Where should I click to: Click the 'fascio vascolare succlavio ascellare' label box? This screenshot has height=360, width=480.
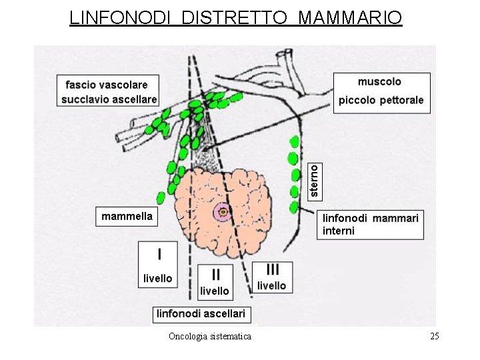pyautogui.click(x=109, y=91)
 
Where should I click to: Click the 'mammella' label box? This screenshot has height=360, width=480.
pyautogui.click(x=127, y=216)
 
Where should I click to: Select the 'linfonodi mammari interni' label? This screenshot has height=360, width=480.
pyautogui.click(x=371, y=225)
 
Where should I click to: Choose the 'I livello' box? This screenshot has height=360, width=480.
pyautogui.click(x=158, y=265)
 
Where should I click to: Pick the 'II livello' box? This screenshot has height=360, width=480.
pyautogui.click(x=215, y=281)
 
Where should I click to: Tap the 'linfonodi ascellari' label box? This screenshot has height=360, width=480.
pyautogui.click(x=201, y=313)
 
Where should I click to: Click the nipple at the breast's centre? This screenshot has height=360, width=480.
pyautogui.click(x=223, y=213)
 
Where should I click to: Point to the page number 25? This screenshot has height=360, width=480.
pyautogui.click(x=435, y=336)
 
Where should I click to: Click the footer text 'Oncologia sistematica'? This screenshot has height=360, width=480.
pyautogui.click(x=210, y=336)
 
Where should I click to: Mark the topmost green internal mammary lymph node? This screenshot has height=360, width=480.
pyautogui.click(x=293, y=141)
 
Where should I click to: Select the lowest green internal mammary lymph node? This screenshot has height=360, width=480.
pyautogui.click(x=293, y=207)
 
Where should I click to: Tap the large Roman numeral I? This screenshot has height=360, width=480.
pyautogui.click(x=159, y=254)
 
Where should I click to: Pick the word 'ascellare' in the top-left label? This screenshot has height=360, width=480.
pyautogui.click(x=135, y=99)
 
